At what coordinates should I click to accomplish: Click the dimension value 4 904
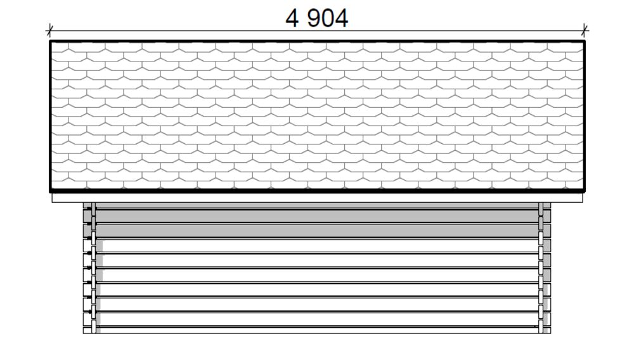click(316, 18)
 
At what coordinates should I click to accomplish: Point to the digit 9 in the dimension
click(314, 18)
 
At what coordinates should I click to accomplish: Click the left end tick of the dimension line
click(50, 30)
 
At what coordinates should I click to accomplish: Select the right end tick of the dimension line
click(585, 30)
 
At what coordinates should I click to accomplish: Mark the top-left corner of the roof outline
click(50, 41)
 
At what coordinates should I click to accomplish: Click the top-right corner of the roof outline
click(585, 41)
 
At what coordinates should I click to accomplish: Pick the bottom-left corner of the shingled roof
click(50, 191)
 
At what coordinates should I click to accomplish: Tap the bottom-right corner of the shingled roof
click(585, 191)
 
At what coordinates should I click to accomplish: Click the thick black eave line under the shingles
click(317, 190)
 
